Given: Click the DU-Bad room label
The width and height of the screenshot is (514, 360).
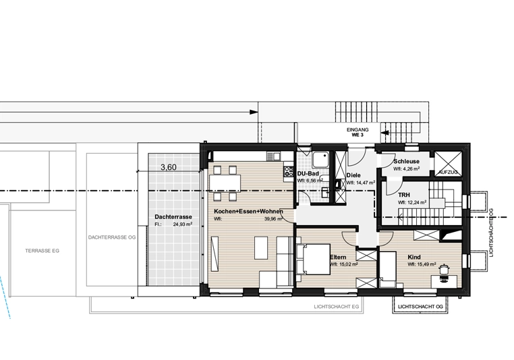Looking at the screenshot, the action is [308, 174].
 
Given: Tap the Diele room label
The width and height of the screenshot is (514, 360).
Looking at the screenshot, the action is [353, 175].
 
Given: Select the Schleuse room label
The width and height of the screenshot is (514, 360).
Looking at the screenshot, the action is [407, 161].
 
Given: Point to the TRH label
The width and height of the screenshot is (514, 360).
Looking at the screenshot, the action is [404, 195].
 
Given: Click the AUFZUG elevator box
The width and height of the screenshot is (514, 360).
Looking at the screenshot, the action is [448, 163].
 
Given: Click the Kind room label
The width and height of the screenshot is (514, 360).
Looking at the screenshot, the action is [414, 257].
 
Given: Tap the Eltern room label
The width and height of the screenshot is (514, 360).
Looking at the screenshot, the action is [338, 257].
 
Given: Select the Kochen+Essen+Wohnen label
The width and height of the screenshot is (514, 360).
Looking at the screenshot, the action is [248, 212].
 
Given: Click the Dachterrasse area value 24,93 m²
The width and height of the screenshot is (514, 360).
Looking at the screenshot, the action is [183, 224].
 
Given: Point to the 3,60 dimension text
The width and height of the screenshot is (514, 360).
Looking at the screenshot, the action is [169, 167].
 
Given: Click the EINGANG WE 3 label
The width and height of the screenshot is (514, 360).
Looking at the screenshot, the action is [358, 132].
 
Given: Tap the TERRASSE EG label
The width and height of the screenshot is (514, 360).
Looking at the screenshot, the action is [42, 251].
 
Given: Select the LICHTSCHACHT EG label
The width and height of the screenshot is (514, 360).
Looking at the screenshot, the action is [337, 307].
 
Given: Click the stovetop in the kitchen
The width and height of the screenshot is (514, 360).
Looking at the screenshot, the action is [289, 171].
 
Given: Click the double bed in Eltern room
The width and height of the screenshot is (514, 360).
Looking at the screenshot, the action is [313, 259].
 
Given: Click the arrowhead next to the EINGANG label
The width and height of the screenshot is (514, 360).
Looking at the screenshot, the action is [385, 133].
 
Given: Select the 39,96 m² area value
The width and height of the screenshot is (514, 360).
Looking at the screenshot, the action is [273, 219].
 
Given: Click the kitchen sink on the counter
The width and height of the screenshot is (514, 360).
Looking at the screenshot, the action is [273, 156].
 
